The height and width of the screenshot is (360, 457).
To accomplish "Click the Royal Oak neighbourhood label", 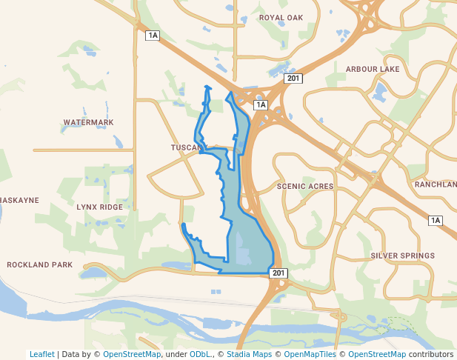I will pyautogui.click(x=281, y=17).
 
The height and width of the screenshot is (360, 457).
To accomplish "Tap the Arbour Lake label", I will pyautogui.click(x=373, y=69).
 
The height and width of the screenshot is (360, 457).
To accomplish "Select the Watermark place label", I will pyautogui.click(x=88, y=122).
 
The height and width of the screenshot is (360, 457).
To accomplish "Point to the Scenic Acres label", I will pyautogui.click(x=305, y=187).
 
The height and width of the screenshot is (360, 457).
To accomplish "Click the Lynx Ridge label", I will pyautogui.click(x=99, y=207).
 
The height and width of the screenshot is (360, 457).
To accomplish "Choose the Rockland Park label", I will pyautogui.click(x=40, y=264).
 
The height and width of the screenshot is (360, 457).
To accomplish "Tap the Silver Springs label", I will pyautogui.click(x=402, y=256).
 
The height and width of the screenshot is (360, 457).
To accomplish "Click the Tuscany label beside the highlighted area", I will pyautogui.click(x=186, y=147).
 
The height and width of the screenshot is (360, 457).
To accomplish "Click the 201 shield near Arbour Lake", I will pyautogui.click(x=294, y=79).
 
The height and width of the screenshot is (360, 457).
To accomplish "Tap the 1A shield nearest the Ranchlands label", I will pyautogui.click(x=435, y=220).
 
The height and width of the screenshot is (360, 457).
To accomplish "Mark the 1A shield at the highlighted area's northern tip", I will pyautogui.click(x=260, y=105).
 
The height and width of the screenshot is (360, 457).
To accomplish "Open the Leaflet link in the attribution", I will pyautogui.click(x=41, y=354).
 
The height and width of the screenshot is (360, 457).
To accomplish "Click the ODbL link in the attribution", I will pyautogui.click(x=200, y=354).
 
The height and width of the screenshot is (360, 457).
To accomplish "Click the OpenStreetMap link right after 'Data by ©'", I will pyautogui.click(x=132, y=354).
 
